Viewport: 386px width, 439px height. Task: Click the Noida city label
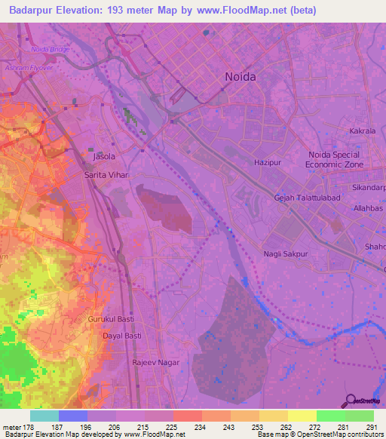pos(241,77)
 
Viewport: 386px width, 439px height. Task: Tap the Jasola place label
pos(103,157)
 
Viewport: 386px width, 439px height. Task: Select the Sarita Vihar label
pos(107,174)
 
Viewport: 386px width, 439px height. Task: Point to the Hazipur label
pos(268,162)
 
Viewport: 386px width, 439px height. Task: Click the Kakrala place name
pos(363,131)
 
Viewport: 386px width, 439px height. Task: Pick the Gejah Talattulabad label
pos(305,197)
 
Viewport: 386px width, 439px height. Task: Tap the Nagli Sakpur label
pos(286,254)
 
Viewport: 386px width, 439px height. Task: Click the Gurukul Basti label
pos(111,320)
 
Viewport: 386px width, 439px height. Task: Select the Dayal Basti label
pos(122,336)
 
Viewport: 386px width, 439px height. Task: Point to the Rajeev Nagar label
pos(156,362)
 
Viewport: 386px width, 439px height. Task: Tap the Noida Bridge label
pos(51,50)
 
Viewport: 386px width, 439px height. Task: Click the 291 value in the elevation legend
pos(372,427)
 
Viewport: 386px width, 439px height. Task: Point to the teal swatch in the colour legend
pos(44,416)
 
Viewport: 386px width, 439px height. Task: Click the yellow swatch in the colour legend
pos(302,416)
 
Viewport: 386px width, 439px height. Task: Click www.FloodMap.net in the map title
pos(231,11)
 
